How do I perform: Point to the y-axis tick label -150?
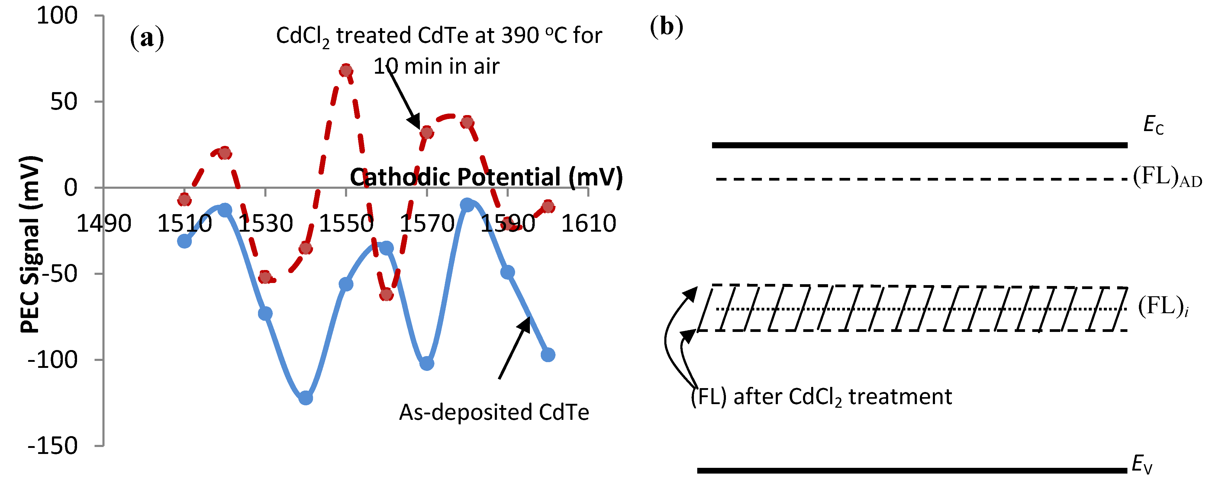coord(53,445)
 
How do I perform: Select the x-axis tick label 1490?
coord(104,223)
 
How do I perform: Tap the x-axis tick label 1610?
coord(588,223)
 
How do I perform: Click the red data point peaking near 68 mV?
coord(346,71)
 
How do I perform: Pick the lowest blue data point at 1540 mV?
coord(305,398)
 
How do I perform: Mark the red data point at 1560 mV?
coord(386,295)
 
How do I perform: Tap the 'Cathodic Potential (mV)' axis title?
coord(486,177)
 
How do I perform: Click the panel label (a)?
coord(147,38)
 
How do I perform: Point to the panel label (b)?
coord(666,27)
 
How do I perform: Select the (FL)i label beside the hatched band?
coord(1163,307)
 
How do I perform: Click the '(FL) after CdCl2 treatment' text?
coord(821,397)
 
